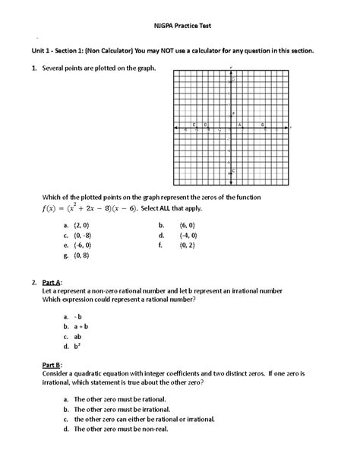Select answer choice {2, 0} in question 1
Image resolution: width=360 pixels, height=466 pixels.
81,225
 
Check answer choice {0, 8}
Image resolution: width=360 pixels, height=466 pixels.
81,256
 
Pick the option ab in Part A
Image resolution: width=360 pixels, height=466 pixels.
77,335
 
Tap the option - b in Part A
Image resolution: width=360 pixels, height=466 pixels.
77,314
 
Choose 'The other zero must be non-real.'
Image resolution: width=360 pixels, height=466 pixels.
124,429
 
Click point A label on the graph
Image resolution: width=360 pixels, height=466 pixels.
240,124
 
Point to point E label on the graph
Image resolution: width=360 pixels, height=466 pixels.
194,124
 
